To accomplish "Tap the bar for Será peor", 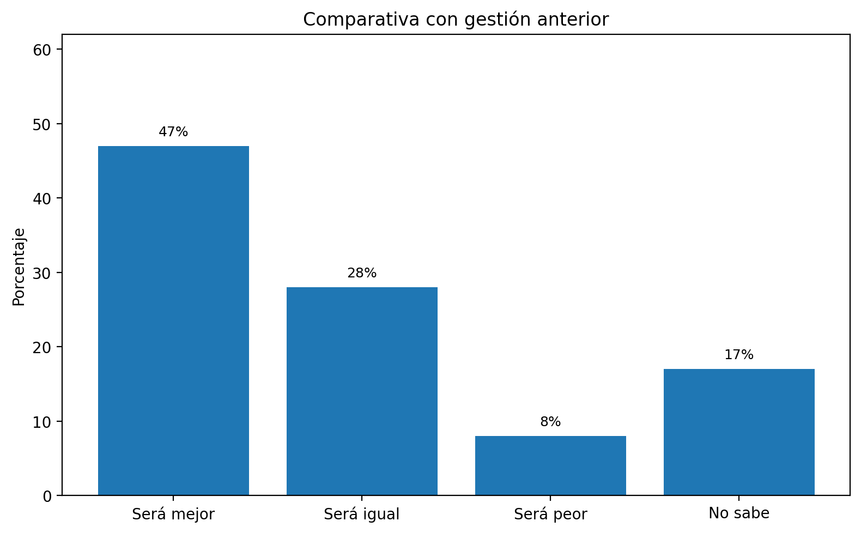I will coord(550,465).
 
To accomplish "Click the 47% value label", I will coord(173,132).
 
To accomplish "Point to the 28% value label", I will coord(362,273).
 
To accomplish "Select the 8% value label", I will coord(550,422).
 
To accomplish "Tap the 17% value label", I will coord(739,355).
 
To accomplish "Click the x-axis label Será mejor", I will coord(173,514).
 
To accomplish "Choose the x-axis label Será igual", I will coord(362,514).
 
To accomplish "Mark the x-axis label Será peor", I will coord(550,514).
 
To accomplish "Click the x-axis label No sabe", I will coord(739,513).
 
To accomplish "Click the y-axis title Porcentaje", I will coord(19,266).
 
